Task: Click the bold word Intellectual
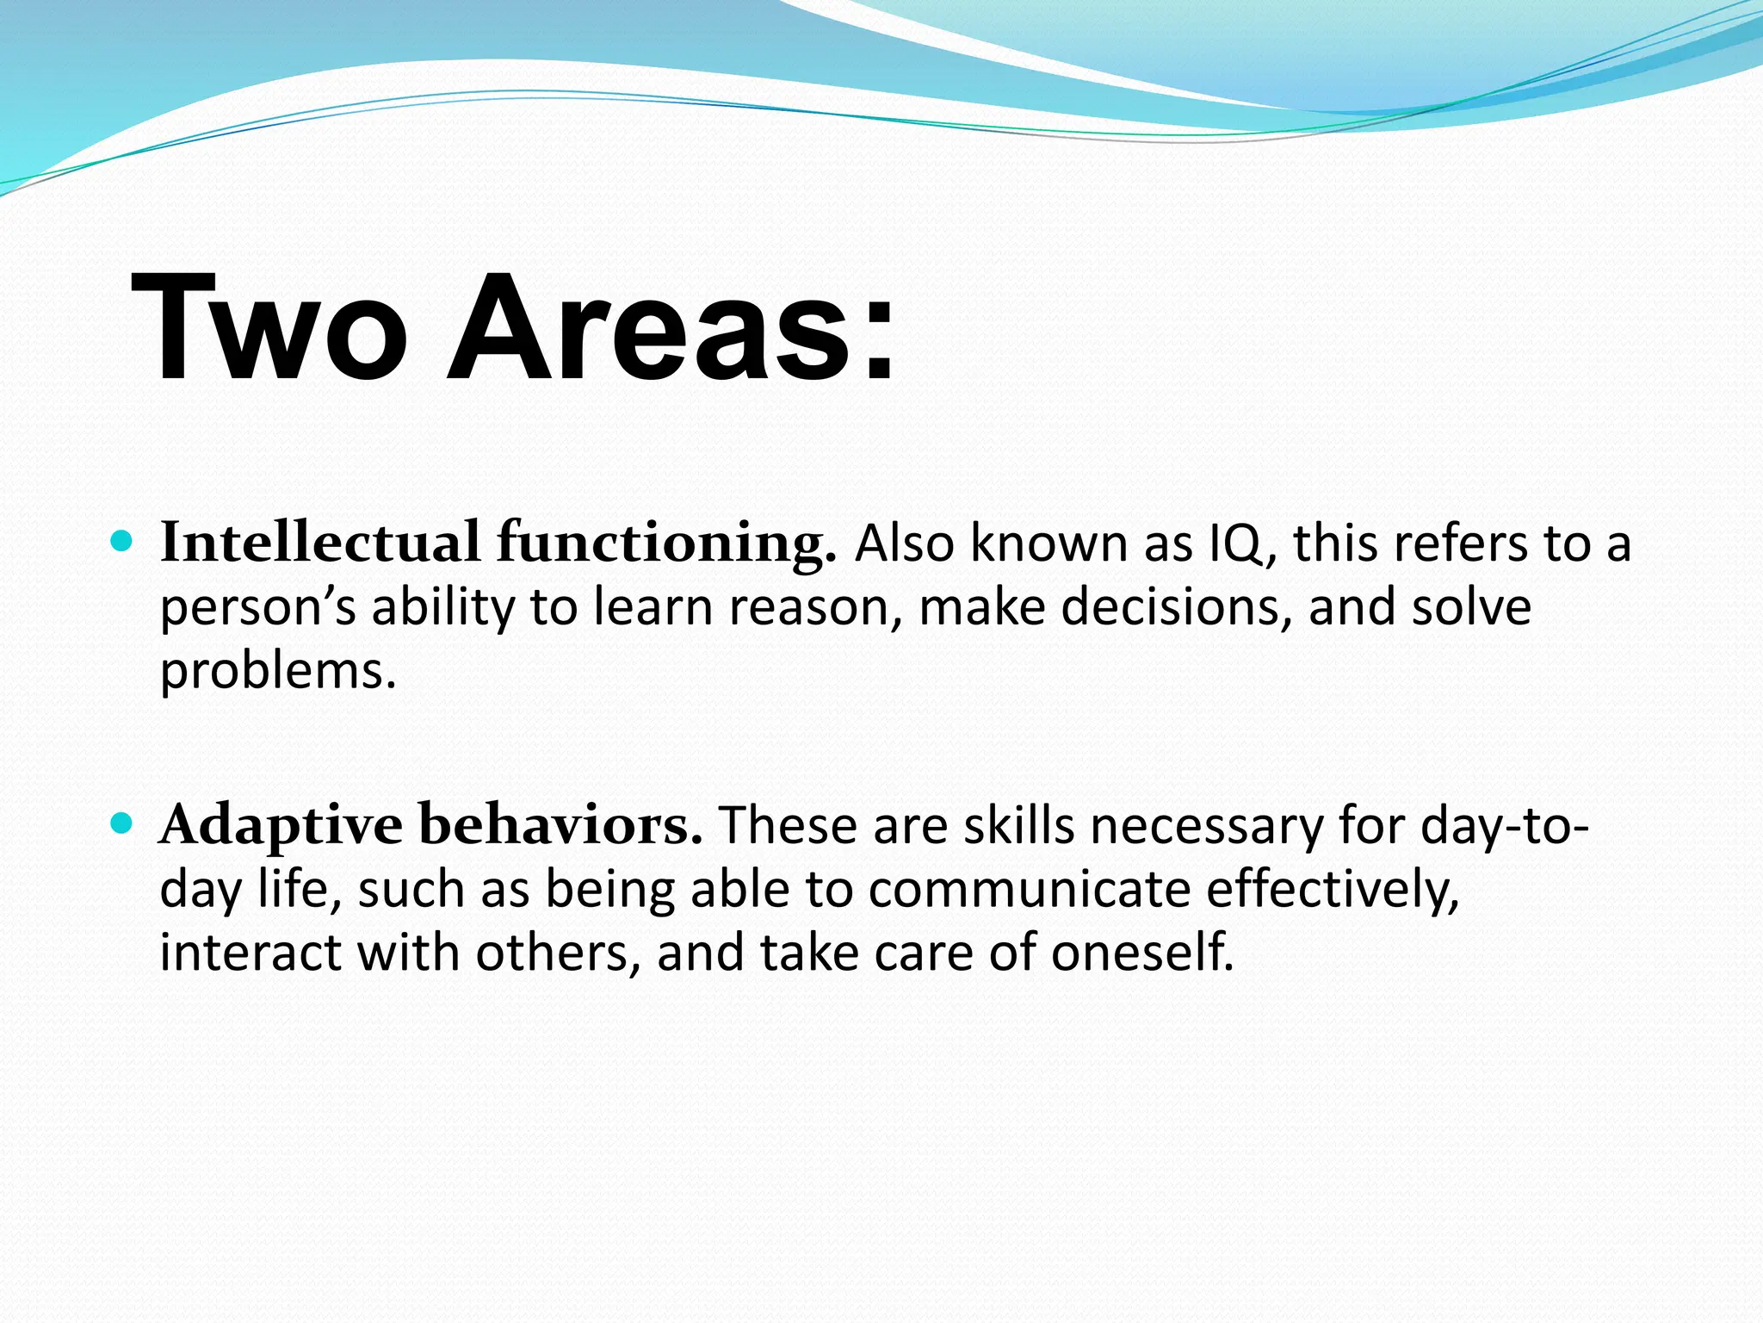click(319, 543)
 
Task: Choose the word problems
click(277, 672)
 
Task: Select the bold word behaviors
click(560, 825)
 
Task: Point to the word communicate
click(1029, 889)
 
